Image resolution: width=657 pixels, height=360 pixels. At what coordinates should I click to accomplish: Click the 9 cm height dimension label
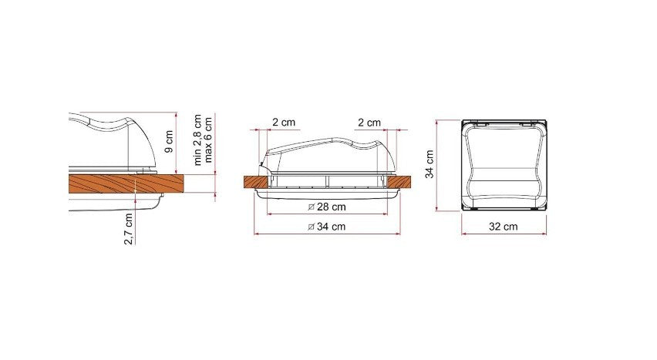pos(170,142)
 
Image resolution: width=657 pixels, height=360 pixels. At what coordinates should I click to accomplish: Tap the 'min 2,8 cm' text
pos(197,140)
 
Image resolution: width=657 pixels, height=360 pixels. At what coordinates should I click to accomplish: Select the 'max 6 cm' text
pos(208,140)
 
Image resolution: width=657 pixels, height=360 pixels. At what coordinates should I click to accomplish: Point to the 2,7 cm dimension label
pos(129,228)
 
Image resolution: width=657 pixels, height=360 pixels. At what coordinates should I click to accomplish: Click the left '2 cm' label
pos(284,123)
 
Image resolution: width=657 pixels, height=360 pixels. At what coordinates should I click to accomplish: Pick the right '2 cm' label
pos(369,123)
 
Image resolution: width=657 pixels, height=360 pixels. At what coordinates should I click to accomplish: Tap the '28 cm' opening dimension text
pos(332,207)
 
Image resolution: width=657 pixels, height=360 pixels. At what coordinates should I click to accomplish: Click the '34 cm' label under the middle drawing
pos(331,227)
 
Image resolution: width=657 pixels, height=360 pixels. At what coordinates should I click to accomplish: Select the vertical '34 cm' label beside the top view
pos(430,164)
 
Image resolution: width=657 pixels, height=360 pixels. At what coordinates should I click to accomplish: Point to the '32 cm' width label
pos(504,227)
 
